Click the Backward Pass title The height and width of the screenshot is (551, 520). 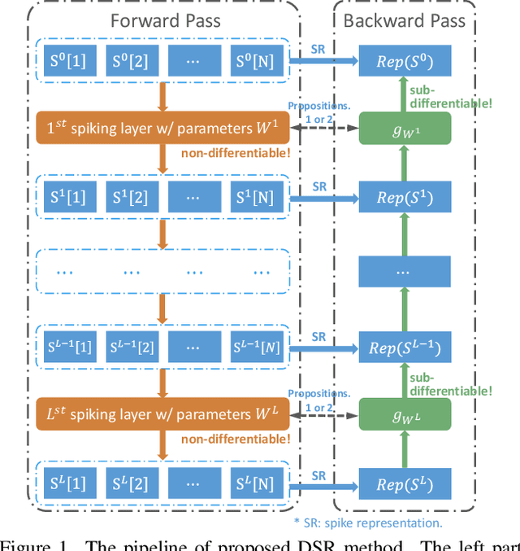coord(405,20)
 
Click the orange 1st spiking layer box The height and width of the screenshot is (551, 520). coord(162,129)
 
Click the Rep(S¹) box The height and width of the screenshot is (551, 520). coord(405,198)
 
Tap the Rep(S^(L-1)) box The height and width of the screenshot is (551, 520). coord(405,348)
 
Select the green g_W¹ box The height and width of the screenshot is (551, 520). coord(405,129)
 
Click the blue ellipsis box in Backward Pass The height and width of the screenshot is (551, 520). coord(405,273)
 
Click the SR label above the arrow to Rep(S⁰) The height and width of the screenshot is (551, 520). coord(319,49)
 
